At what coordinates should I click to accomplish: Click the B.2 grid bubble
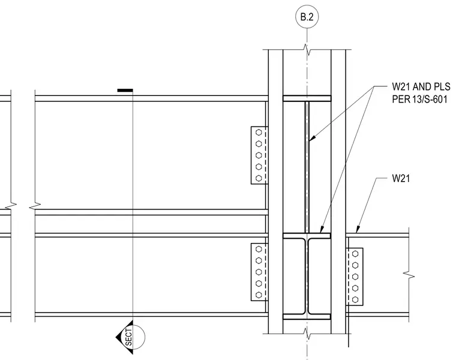(307, 17)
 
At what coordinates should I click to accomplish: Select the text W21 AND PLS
(421, 86)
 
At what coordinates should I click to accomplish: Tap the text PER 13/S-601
(419, 100)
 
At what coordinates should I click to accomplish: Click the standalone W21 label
(401, 178)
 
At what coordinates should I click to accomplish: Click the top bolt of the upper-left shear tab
(259, 133)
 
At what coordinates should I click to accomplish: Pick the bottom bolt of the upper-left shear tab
(259, 178)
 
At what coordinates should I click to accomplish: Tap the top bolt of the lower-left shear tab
(259, 249)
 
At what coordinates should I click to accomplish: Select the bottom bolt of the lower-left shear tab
(259, 295)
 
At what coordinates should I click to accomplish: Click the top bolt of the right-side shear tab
(355, 254)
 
